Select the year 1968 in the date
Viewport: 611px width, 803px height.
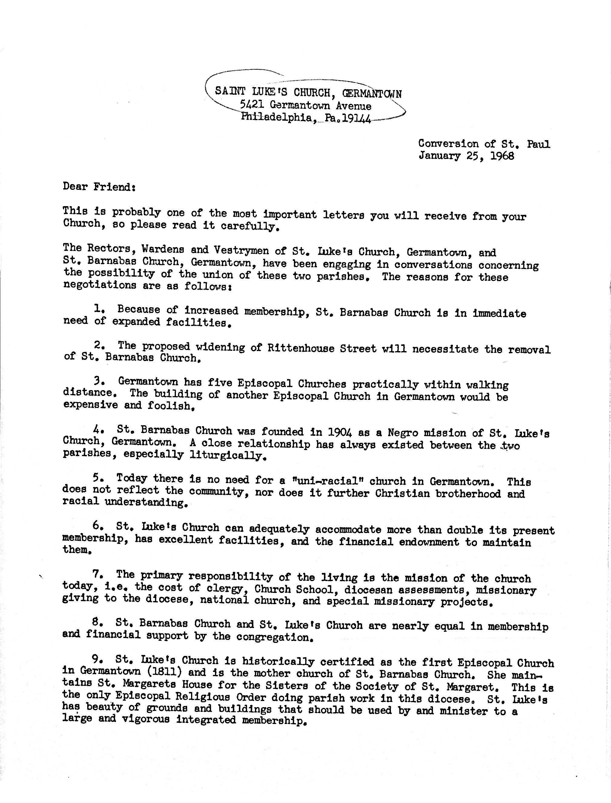[502, 156]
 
